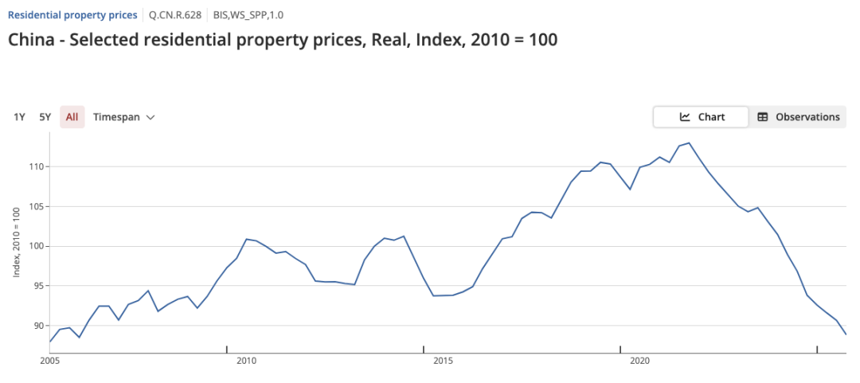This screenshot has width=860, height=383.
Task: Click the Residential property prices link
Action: [72, 15]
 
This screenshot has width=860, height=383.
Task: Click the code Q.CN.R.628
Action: [175, 15]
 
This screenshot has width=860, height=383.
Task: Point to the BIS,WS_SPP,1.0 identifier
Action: [248, 15]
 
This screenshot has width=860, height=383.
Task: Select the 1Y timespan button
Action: [20, 117]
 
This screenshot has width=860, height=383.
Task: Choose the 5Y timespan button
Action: [45, 117]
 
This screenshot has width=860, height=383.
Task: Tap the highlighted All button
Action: [72, 117]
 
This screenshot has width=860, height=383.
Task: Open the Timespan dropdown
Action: [124, 117]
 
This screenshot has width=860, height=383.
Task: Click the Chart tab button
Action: [701, 117]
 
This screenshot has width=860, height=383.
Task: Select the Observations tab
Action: [798, 117]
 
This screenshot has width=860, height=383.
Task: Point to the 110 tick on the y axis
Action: [36, 166]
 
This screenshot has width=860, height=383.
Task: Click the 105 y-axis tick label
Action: [36, 206]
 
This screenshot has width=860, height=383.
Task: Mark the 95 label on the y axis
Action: [39, 286]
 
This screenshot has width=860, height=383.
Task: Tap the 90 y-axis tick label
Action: [39, 326]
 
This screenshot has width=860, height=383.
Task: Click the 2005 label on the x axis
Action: [50, 361]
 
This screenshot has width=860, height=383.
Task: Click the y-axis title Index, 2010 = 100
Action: [18, 241]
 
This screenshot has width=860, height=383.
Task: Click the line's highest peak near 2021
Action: [689, 143]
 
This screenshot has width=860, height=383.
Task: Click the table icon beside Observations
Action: [762, 117]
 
